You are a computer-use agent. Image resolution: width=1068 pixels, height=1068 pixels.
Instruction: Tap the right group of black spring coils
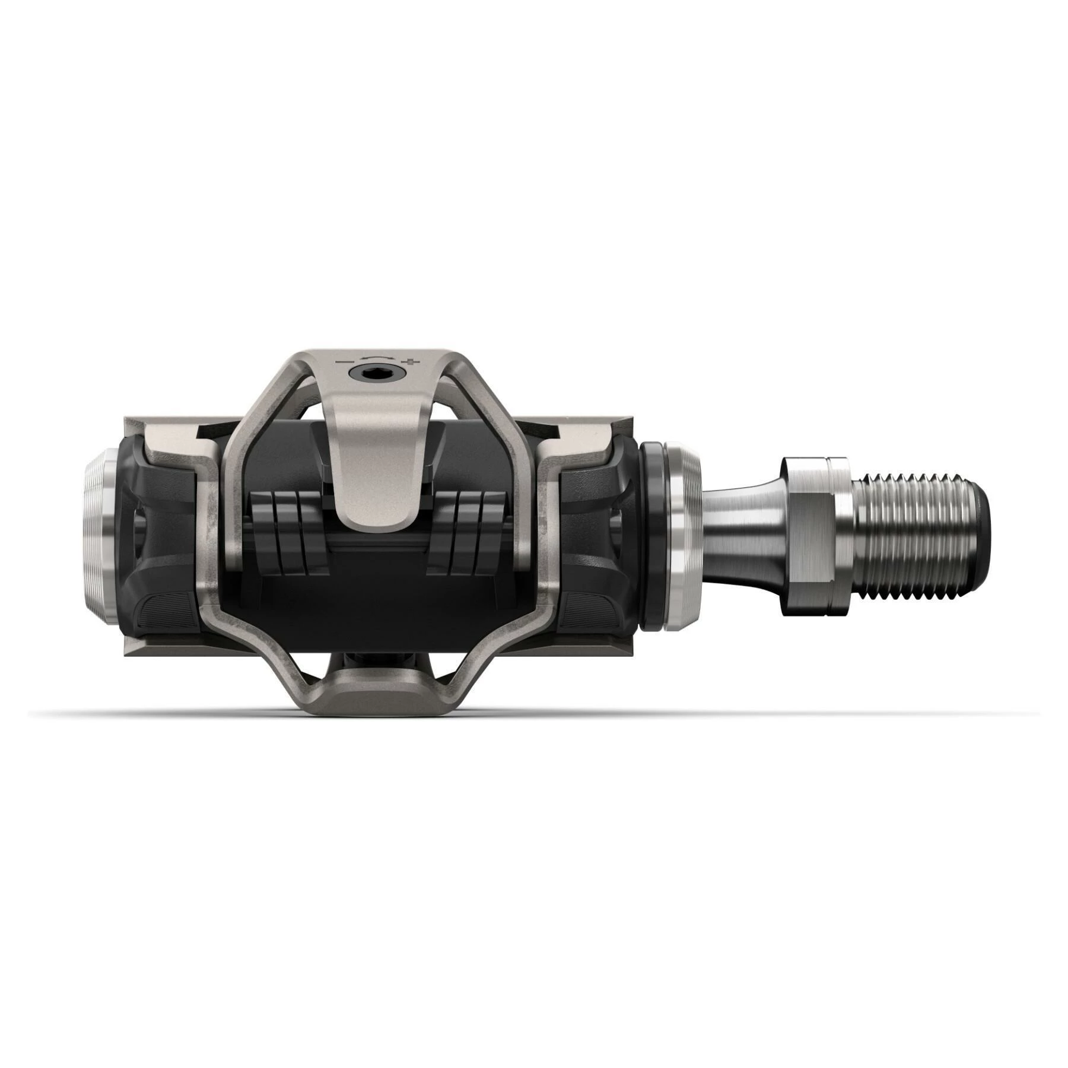click(x=469, y=522)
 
